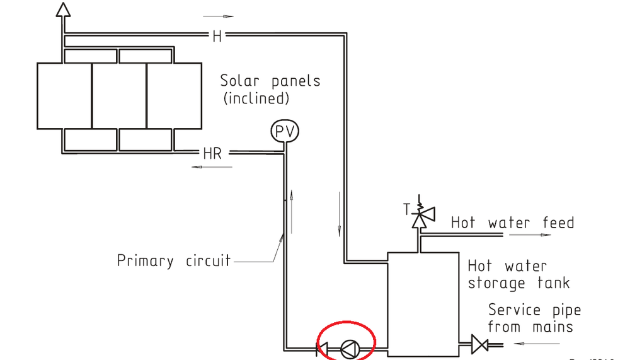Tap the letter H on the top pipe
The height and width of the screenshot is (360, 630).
(x=217, y=36)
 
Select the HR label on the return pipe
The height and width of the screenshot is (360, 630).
(x=213, y=153)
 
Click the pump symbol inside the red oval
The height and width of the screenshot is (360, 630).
(x=348, y=348)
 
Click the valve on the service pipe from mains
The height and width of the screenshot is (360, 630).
(x=479, y=344)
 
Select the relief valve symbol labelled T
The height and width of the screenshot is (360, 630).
(x=419, y=216)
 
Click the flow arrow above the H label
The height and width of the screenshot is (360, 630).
(x=219, y=17)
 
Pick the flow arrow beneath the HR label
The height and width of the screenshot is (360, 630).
(x=212, y=167)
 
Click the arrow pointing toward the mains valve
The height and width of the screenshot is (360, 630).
(x=536, y=344)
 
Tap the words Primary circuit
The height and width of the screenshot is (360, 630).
(x=174, y=260)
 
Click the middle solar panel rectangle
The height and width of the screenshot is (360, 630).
(x=119, y=95)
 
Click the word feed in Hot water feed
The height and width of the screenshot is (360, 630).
(x=558, y=223)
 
